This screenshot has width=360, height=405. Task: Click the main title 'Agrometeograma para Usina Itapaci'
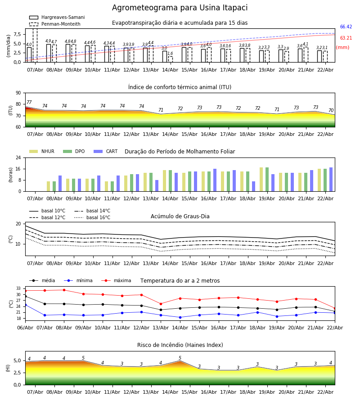click(180, 8)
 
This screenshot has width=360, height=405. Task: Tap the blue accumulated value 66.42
click(346, 27)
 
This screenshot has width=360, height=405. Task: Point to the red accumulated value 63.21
click(346, 38)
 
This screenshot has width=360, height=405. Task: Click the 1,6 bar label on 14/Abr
click(170, 54)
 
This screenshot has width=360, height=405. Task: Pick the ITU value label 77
click(29, 103)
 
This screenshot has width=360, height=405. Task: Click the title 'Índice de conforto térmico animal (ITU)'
click(180, 87)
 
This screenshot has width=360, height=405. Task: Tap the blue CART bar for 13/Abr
click(157, 185)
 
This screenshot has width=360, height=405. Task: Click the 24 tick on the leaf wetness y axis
click(19, 158)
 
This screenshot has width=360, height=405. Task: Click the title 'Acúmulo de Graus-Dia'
click(180, 216)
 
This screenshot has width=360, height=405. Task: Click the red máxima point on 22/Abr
click(334, 308)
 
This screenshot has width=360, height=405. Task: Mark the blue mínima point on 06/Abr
click(25, 305)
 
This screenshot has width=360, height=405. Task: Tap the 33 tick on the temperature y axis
click(19, 288)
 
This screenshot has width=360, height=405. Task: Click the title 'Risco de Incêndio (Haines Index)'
click(180, 345)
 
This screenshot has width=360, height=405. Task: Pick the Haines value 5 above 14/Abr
click(180, 358)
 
